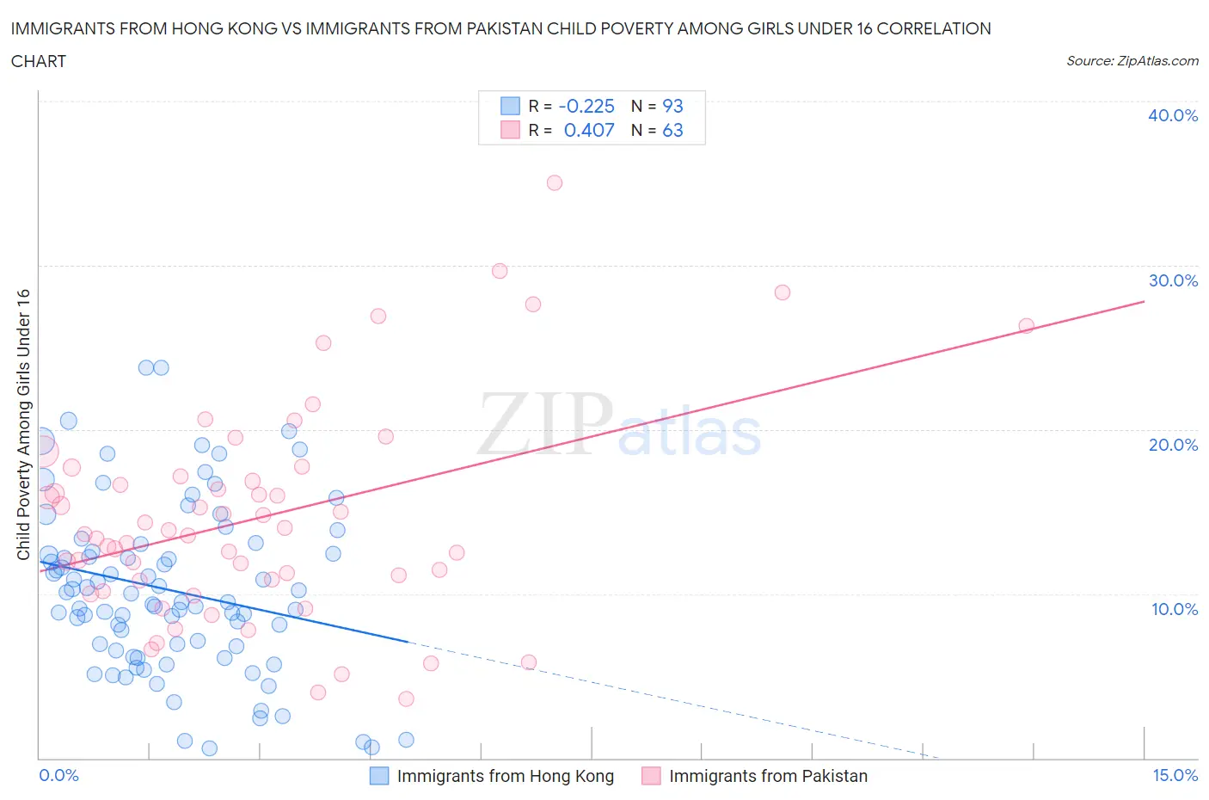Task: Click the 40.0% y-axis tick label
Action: [1173, 115]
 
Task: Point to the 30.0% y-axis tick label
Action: [1173, 280]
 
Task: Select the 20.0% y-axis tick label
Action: [1173, 445]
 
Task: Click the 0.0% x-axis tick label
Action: [58, 775]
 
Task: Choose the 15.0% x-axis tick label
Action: [1175, 775]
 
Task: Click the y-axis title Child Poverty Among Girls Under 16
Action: [23, 424]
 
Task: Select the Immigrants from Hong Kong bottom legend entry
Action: [505, 776]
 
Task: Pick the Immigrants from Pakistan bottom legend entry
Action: [768, 776]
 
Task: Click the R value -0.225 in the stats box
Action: [586, 106]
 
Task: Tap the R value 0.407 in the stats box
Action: [589, 130]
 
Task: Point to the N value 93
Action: [672, 106]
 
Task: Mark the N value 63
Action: [672, 130]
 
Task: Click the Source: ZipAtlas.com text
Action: [1132, 60]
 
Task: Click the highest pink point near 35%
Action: [555, 182]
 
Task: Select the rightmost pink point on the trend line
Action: [1026, 325]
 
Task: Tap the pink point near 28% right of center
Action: [782, 292]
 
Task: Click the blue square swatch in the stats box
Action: [511, 106]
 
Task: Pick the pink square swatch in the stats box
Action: [511, 130]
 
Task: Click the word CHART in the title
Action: [39, 61]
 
